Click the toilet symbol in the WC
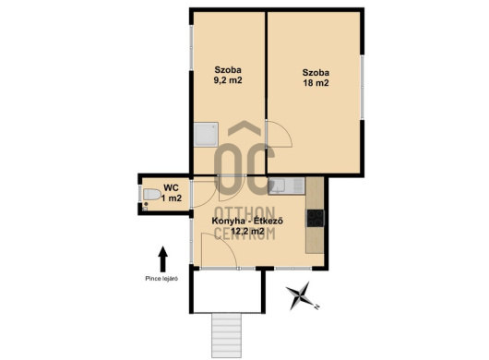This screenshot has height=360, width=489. click(151, 195)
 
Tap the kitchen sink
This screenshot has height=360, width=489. click(286, 186)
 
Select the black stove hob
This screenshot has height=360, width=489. click(316, 218)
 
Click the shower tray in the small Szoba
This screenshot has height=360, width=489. click(206, 135)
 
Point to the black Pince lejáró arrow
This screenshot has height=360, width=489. click(162, 259)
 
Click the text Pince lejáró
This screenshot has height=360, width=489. click(161, 279)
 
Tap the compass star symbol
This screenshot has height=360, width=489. click(300, 295)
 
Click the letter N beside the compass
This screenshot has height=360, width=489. click(316, 307)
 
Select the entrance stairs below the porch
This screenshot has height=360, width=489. click(226, 336)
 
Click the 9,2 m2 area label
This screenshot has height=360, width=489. click(228, 80)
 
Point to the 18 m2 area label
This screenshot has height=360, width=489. click(316, 83)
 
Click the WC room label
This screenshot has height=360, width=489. click(172, 188)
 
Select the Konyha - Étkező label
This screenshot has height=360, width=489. click(247, 221)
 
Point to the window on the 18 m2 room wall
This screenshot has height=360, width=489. click(362, 87)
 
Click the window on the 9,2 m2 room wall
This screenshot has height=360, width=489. click(192, 47)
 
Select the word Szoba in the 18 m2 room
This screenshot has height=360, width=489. click(316, 73)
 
